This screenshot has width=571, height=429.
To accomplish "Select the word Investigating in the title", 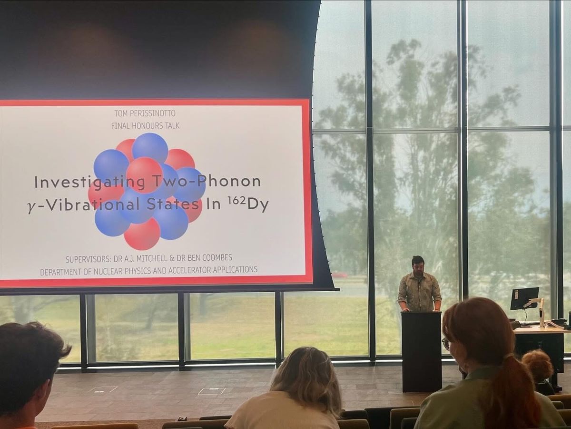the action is tap(89, 182).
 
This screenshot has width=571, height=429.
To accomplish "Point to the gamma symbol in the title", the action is tap(31, 208).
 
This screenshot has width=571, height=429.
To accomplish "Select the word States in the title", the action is tap(174, 204).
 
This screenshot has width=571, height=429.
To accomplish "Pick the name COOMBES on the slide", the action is tap(217, 257).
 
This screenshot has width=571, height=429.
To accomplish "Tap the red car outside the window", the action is tap(340, 274).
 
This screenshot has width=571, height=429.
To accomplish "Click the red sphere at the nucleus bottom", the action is tap(142, 234).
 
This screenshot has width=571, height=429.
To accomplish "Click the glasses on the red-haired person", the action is tap(445, 344).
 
